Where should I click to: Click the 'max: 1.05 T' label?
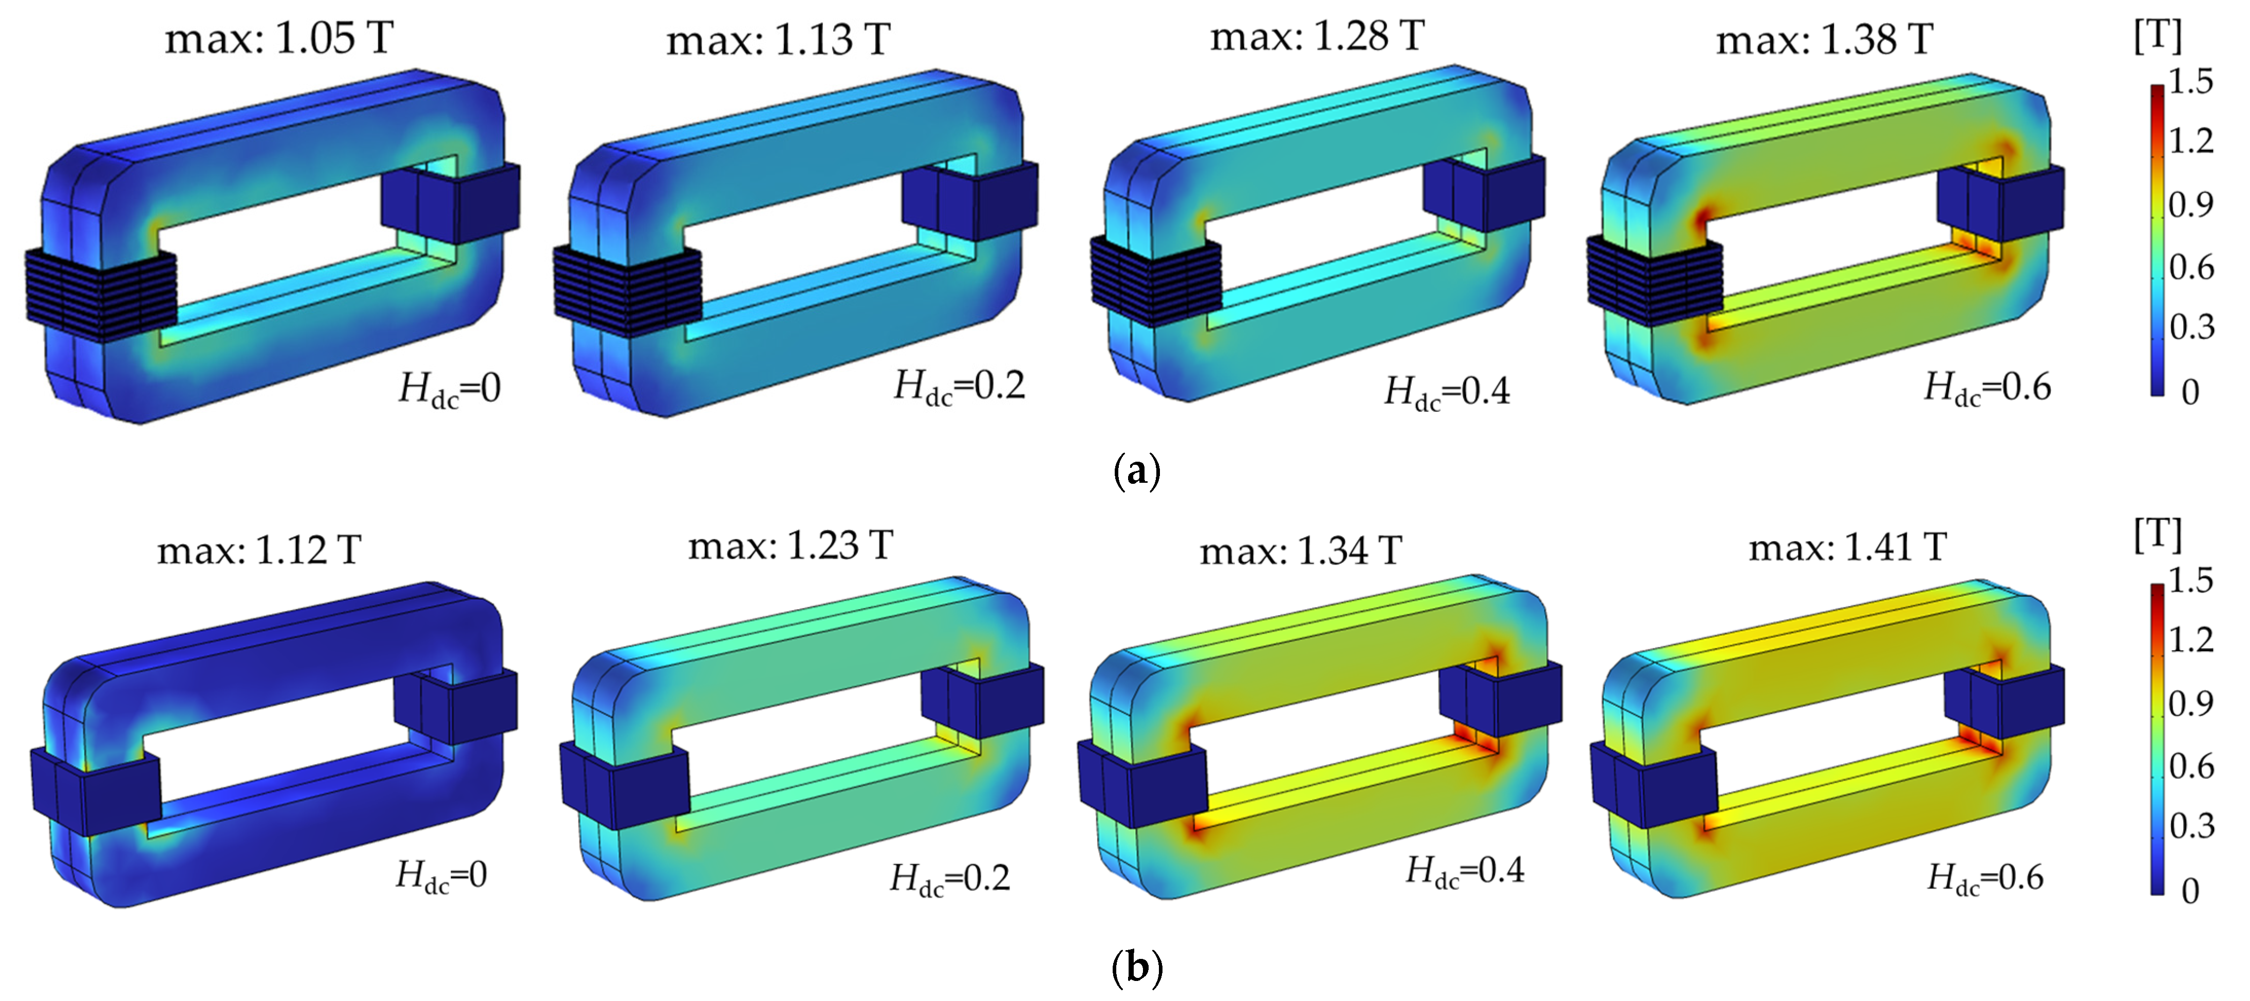pyautogui.click(x=279, y=39)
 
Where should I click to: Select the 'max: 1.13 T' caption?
pyautogui.click(x=778, y=40)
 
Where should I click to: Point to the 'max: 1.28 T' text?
pyautogui.click(x=1317, y=36)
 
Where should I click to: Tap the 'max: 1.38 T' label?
pyautogui.click(x=1825, y=40)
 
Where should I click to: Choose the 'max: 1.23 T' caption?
pyautogui.click(x=791, y=546)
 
